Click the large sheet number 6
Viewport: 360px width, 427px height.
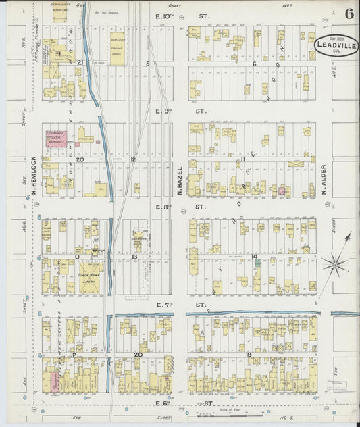pos(349,14)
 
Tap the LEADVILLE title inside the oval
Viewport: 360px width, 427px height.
pos(336,45)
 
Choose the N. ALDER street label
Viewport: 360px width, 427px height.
pos(324,179)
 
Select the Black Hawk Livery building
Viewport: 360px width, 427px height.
pos(89,277)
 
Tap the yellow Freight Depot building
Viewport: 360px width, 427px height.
pos(117,48)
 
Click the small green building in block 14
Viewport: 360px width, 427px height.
pos(257,263)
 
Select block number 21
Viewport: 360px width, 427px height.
pos(79,62)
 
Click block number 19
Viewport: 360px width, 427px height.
pos(249,355)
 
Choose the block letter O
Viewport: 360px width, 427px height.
pos(77,257)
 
